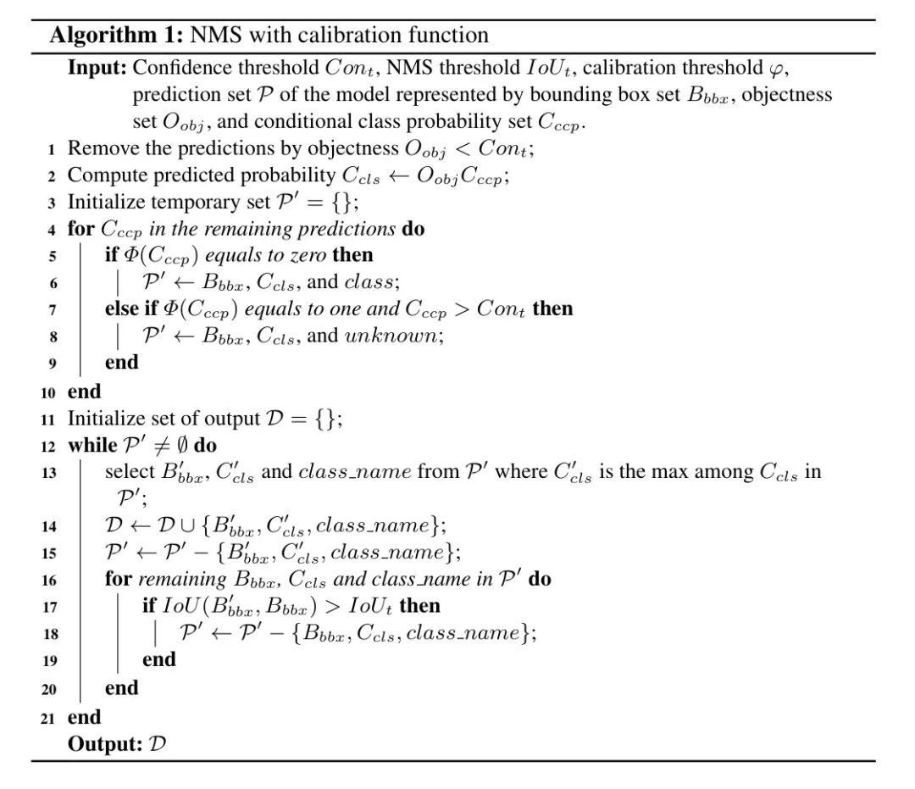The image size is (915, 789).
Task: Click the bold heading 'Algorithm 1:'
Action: click(116, 35)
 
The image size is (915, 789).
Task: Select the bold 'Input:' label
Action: click(97, 67)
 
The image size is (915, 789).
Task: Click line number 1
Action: click(52, 150)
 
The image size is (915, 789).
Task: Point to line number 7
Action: click(52, 310)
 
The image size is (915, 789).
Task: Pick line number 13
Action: click(48, 473)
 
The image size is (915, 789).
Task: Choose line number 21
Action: click(48, 719)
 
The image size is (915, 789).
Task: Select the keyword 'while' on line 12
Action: click(92, 445)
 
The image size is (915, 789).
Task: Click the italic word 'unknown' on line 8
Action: click(393, 336)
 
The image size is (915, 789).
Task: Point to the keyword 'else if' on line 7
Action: click(132, 308)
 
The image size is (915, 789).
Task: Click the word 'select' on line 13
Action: click(128, 472)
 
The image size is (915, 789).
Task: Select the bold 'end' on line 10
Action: click(84, 392)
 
